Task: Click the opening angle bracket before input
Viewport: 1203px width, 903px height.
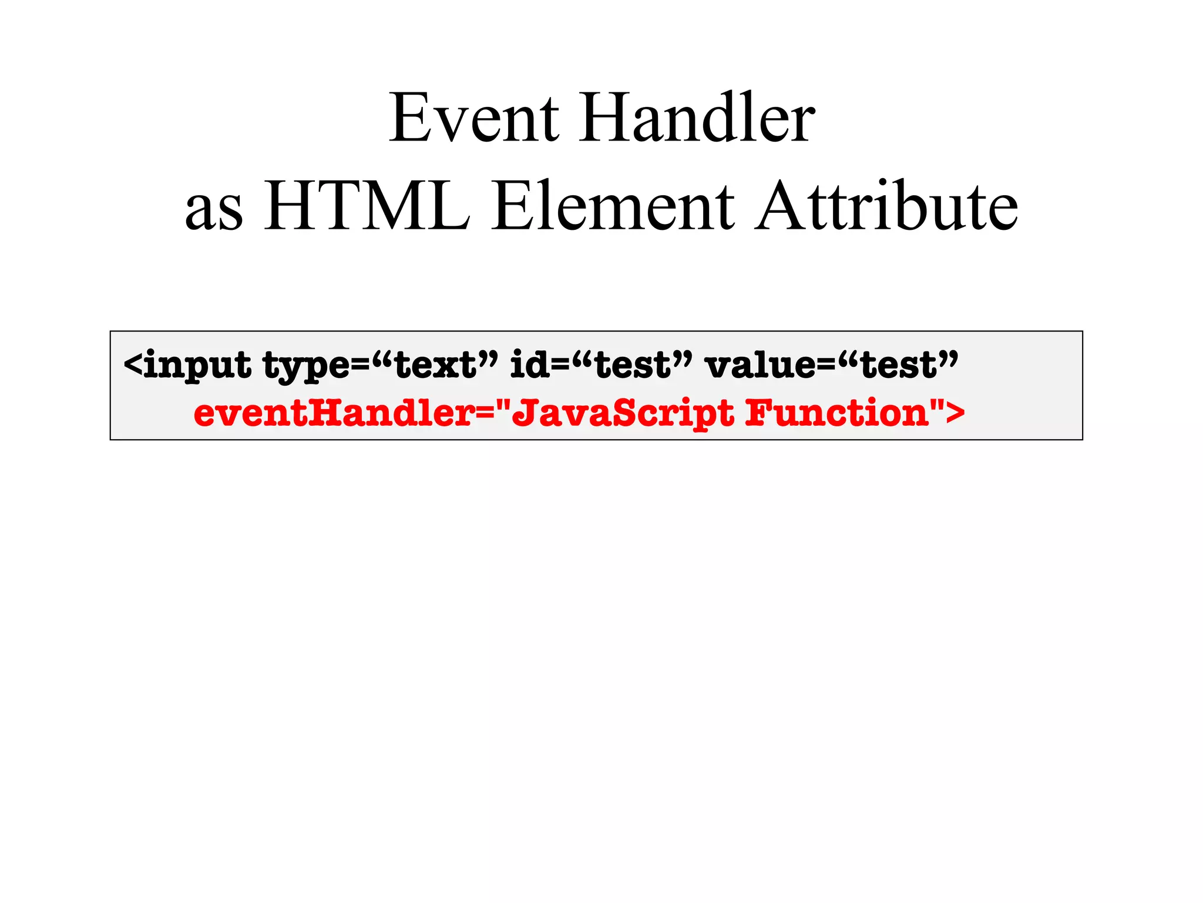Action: [x=133, y=364]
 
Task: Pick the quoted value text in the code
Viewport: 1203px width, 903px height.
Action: [x=435, y=364]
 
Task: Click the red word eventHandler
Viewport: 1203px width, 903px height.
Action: [x=334, y=413]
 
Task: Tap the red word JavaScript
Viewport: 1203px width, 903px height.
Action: [x=623, y=414]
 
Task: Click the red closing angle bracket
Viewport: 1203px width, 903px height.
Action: [x=955, y=413]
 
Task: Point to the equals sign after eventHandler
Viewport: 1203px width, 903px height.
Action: [x=485, y=414]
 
